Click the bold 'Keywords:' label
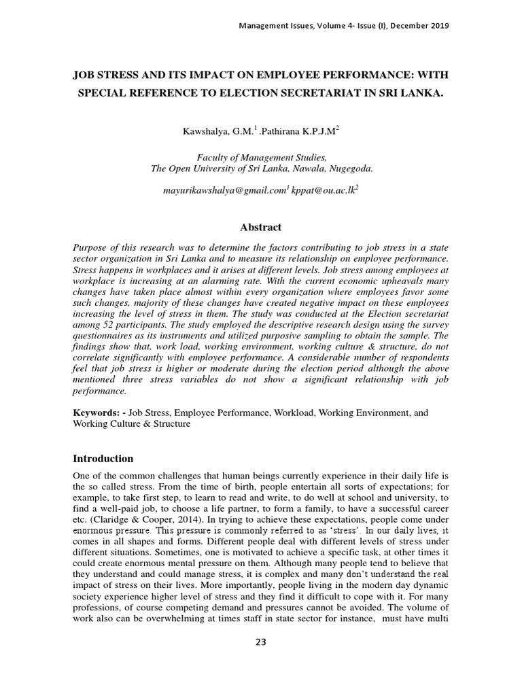pos(98,413)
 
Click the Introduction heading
pos(103,459)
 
